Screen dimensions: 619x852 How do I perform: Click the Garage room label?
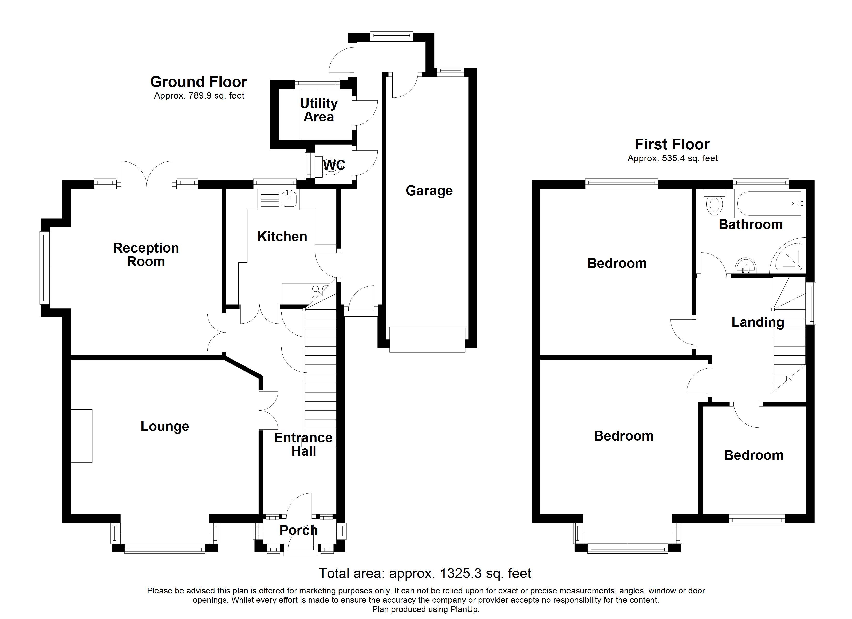tap(429, 191)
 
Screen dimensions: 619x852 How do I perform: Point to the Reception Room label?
tap(146, 255)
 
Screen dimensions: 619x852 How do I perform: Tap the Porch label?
tap(299, 531)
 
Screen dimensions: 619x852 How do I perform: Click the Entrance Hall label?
tap(303, 444)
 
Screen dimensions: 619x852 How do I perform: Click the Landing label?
tap(757, 322)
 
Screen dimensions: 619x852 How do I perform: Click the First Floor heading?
tap(672, 144)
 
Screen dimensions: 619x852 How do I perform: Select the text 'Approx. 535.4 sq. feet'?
tap(672, 158)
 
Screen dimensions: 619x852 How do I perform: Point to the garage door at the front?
tap(427, 339)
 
